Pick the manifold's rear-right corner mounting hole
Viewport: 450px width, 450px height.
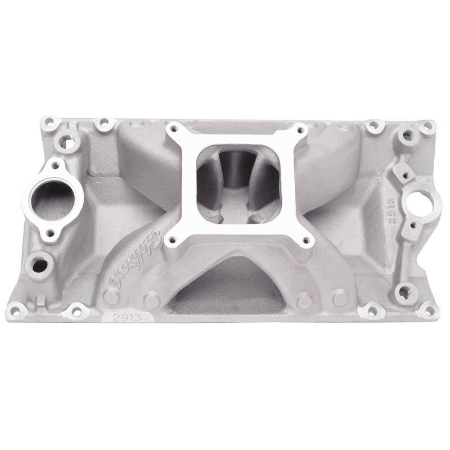427,126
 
